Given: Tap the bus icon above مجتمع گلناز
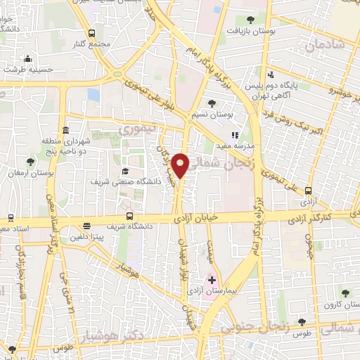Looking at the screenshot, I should (x=92, y=33).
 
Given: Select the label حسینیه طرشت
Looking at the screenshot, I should (x=25, y=70).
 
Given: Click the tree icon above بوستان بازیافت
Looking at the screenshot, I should (x=251, y=20).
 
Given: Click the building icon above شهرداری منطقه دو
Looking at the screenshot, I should (x=65, y=130).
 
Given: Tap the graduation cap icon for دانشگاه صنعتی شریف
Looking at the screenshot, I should (x=125, y=171).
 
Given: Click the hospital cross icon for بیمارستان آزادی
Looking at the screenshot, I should (x=212, y=280).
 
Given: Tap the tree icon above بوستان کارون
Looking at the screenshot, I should (x=345, y=293).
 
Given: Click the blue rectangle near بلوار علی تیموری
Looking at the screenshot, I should (x=94, y=95).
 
